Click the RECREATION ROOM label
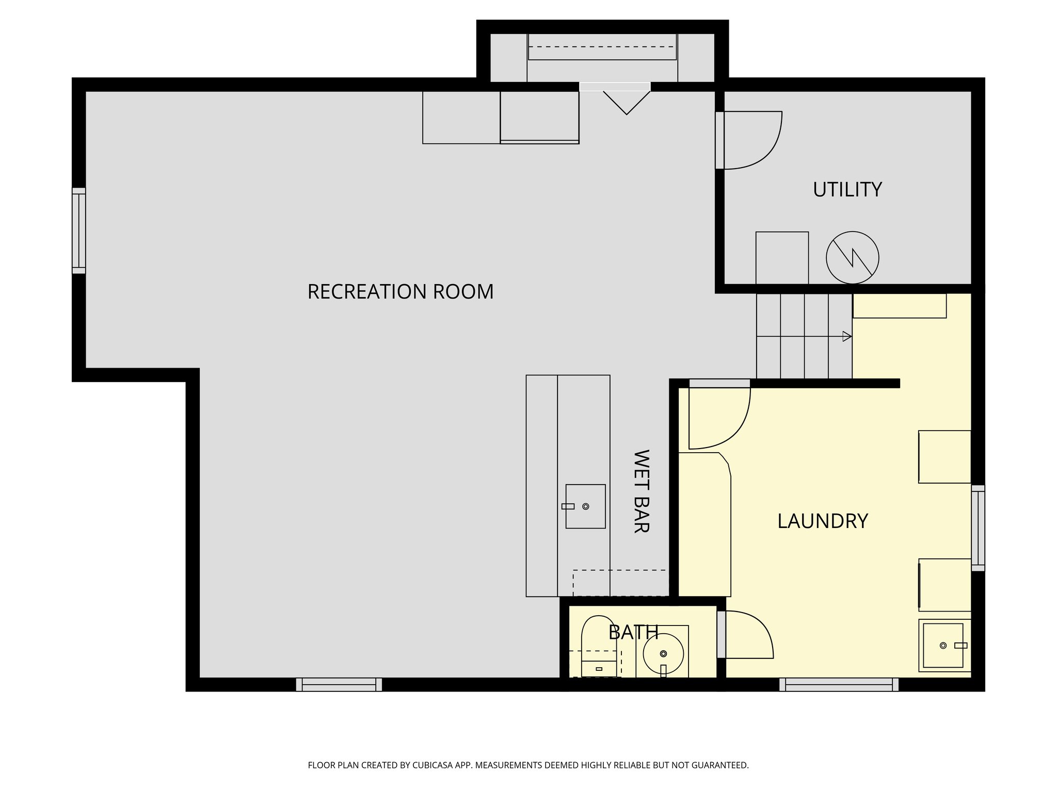click(x=400, y=292)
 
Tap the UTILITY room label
click(x=847, y=190)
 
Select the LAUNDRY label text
click(x=822, y=521)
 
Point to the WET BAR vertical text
click(x=640, y=491)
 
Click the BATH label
click(x=633, y=632)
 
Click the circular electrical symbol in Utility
click(x=852, y=257)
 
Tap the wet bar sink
click(x=585, y=506)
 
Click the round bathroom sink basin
click(x=663, y=653)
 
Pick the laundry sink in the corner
click(x=943, y=645)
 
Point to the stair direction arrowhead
click(x=846, y=336)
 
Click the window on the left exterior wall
click(x=78, y=230)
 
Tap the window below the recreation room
click(x=339, y=684)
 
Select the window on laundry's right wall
click(x=978, y=527)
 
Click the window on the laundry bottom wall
click(x=838, y=684)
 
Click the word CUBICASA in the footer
click(x=432, y=765)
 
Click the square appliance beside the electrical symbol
click(x=782, y=257)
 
